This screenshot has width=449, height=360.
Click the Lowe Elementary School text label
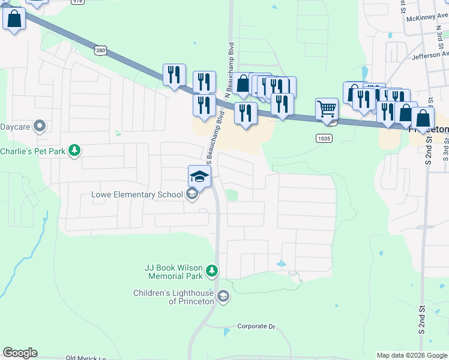[137, 194]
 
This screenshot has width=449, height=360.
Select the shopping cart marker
[327, 109]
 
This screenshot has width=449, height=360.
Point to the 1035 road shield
[323, 138]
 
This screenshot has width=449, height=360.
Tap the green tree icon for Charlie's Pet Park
[74, 150]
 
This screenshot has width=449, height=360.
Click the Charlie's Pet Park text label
[32, 151]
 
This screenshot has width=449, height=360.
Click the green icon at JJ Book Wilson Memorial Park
[211, 272]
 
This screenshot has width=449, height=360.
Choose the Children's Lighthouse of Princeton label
[174, 297]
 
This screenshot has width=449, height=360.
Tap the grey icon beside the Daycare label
[40, 126]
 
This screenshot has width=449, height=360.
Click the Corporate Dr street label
[256, 326]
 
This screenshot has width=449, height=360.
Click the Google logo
[20, 353]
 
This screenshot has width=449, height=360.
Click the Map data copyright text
[412, 355]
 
